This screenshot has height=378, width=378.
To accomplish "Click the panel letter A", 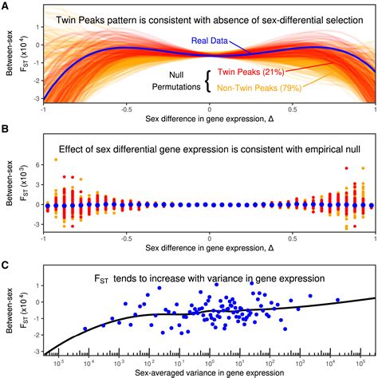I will tap(6, 7).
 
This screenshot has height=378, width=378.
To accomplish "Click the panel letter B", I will tap(6, 129).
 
